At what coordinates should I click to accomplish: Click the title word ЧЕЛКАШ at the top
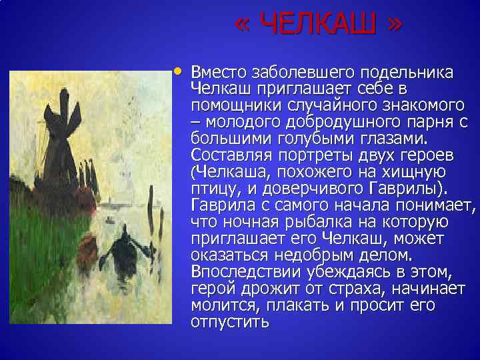[318, 26]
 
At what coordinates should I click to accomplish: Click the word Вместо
[221, 72]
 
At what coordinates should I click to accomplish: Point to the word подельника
[407, 72]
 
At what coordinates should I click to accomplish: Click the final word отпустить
[230, 322]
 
